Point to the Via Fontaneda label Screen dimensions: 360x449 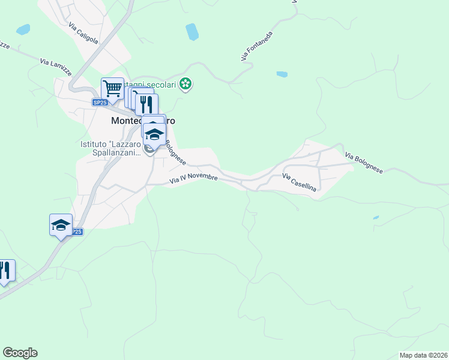point(253,46)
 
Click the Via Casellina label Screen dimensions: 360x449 point(299,182)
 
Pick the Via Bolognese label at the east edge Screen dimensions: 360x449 point(364,163)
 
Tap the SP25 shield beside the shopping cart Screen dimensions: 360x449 point(100,103)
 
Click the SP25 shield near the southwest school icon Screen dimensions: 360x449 point(76,232)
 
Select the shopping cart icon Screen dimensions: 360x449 point(112,89)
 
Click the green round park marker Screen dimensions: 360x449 point(186,84)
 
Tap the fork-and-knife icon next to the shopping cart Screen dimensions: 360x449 point(146,104)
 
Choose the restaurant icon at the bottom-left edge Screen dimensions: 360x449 point(4,271)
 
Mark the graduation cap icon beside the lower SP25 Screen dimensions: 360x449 point(61,224)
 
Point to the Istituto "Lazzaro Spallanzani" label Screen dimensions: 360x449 point(111,148)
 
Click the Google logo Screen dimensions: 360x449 point(20,353)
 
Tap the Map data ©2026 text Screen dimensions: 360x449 point(423,355)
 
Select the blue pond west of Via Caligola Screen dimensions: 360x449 point(23,29)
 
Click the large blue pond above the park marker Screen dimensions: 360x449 point(192,31)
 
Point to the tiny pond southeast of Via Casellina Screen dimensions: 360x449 point(376,217)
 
